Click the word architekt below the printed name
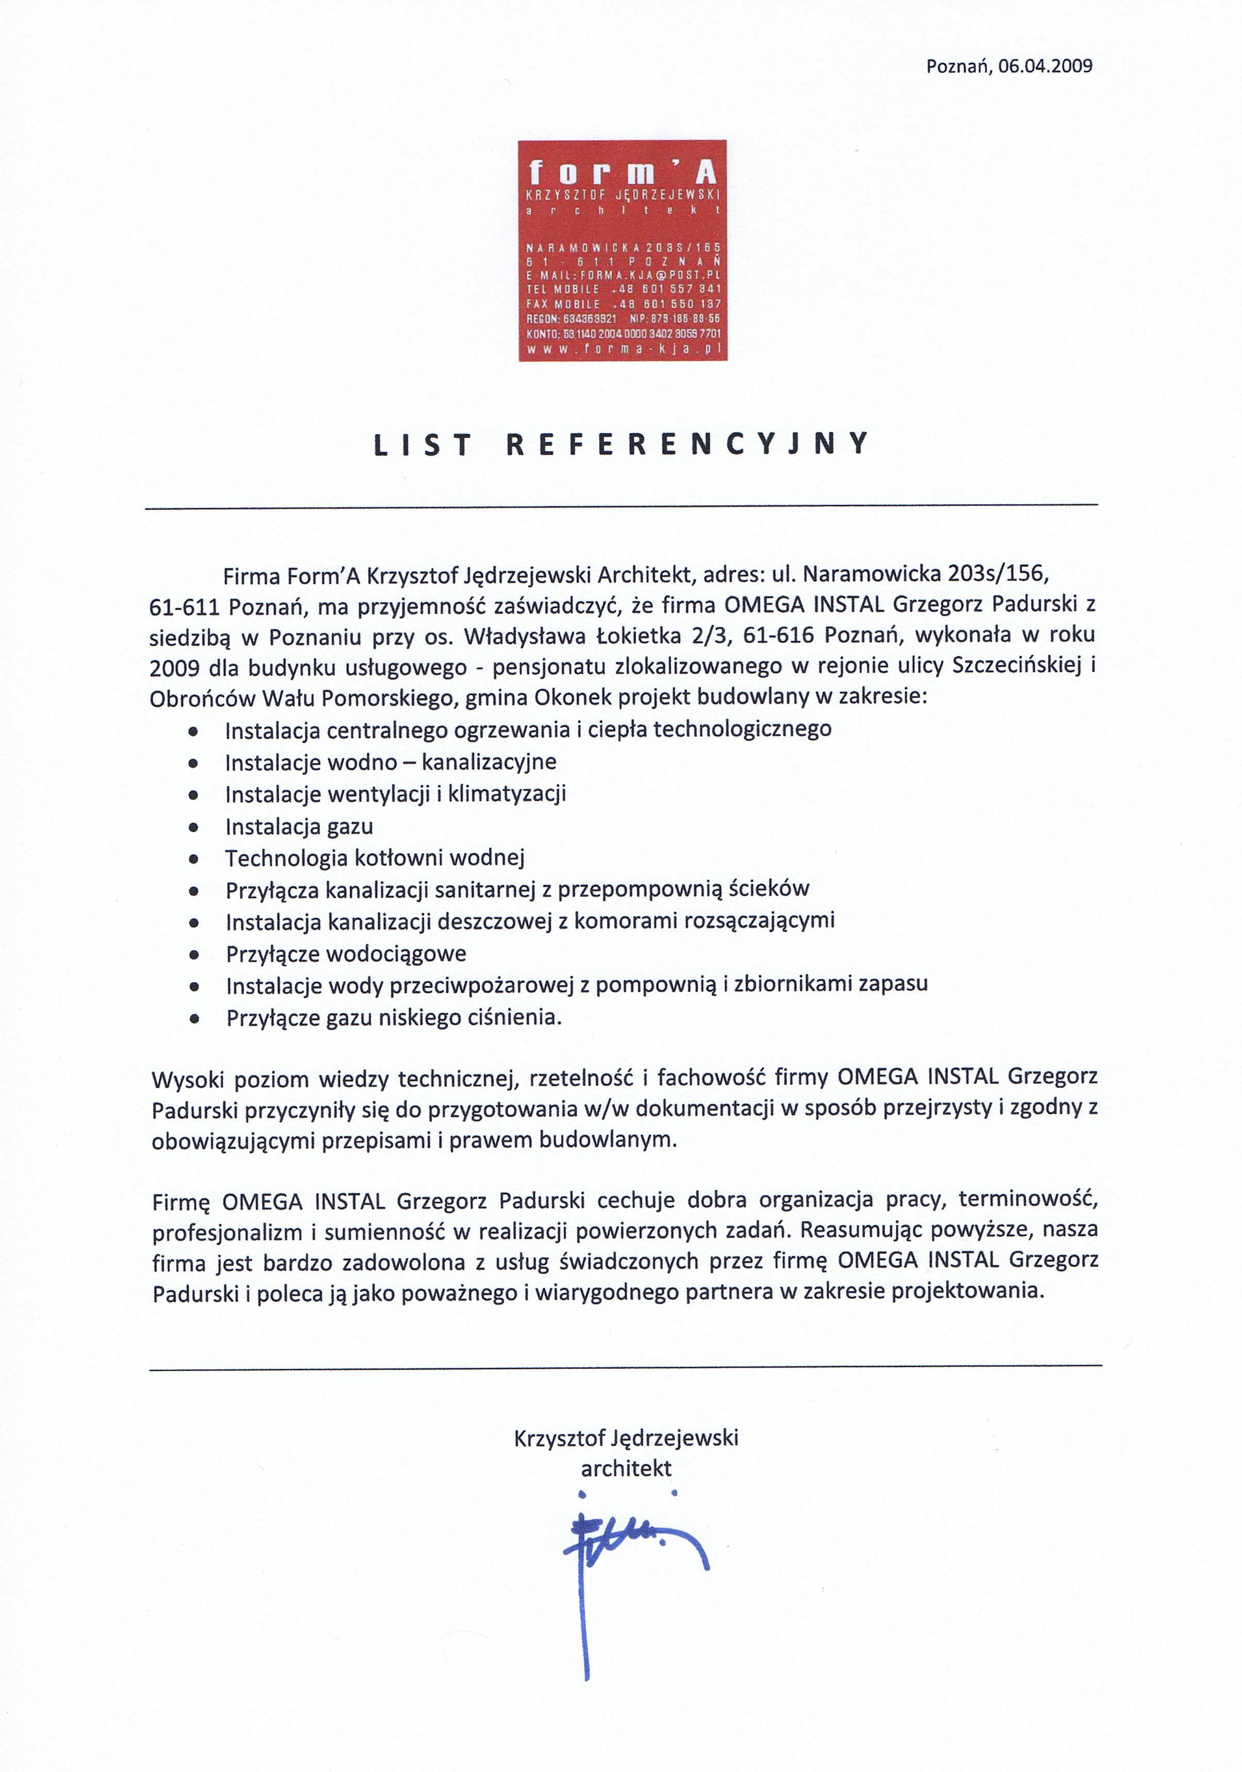(626, 1467)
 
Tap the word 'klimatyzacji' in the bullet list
(507, 793)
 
